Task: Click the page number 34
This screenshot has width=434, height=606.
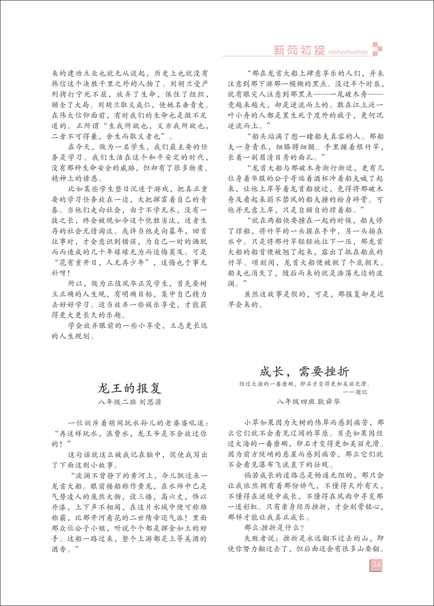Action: tap(376, 564)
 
